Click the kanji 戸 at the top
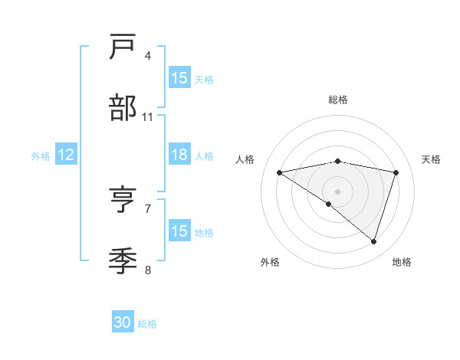(123, 48)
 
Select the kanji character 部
(123, 108)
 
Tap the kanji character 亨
(123, 201)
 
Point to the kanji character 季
(123, 261)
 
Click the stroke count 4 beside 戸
(148, 56)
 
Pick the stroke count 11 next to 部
(148, 116)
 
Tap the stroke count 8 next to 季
(148, 270)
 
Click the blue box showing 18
(179, 155)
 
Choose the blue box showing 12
(65, 155)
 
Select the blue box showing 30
(123, 322)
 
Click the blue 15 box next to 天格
(179, 78)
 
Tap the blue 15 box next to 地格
(179, 231)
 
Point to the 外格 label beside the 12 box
(41, 155)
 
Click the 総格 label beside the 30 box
(147, 324)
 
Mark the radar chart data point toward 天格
(396, 172)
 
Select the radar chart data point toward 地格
(374, 241)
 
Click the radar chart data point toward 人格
(279, 172)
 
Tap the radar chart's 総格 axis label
(338, 100)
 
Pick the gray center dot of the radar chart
(338, 191)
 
